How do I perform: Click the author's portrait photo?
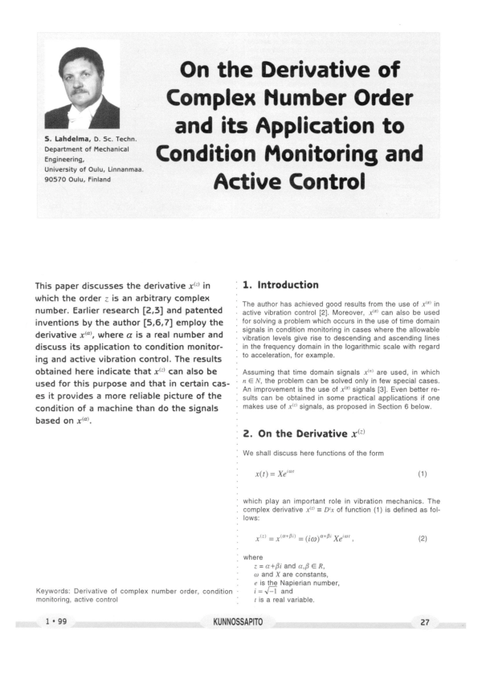[82, 87]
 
